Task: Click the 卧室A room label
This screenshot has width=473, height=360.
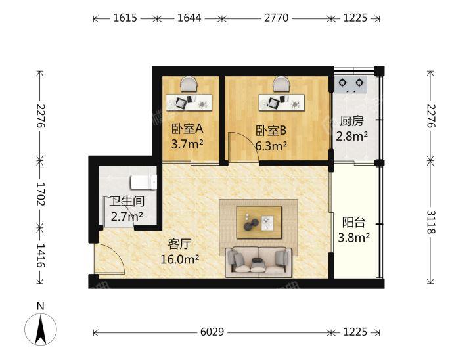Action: click(x=187, y=129)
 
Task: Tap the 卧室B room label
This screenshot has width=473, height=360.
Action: click(x=271, y=131)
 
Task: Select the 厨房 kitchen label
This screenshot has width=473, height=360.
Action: click(x=351, y=122)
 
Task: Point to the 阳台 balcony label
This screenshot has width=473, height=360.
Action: click(x=354, y=223)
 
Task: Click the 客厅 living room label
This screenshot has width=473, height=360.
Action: click(x=180, y=244)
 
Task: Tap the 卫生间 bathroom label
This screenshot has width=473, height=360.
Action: click(x=127, y=201)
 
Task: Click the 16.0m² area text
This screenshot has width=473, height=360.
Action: click(x=179, y=259)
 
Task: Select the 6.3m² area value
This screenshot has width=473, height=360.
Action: click(x=271, y=146)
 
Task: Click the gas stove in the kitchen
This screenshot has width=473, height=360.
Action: click(x=351, y=84)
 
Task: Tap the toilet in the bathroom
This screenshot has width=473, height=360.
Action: click(x=144, y=183)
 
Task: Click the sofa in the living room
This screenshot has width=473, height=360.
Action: click(x=259, y=262)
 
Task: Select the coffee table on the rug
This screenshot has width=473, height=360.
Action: click(x=259, y=223)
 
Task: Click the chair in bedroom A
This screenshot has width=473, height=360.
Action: click(x=189, y=84)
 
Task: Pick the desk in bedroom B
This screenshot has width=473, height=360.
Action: click(x=281, y=103)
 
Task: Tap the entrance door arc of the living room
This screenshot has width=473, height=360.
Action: click(x=112, y=256)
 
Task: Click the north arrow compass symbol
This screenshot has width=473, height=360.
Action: click(x=41, y=329)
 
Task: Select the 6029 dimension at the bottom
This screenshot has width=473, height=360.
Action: click(x=212, y=332)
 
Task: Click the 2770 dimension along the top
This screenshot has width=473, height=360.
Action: click(x=277, y=18)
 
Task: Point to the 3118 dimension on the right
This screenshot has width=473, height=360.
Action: click(x=431, y=222)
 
